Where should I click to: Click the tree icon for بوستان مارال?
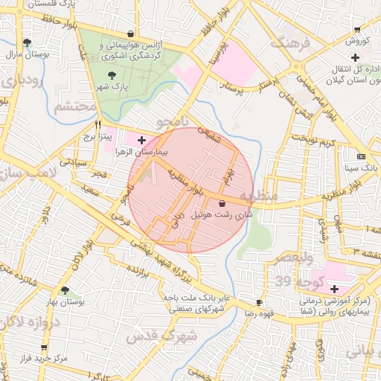pos(28,42)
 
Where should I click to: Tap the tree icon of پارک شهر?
pos(112,74)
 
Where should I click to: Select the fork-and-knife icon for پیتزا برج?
pos(97,126)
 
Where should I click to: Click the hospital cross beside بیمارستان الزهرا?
pos(141,140)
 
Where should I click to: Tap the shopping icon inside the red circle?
pos(222,202)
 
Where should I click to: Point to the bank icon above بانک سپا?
pos(361,156)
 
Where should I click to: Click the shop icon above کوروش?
pos(358,31)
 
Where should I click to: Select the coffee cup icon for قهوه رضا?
pos(259,302)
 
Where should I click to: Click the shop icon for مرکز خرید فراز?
pos(44,347)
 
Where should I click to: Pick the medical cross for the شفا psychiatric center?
pos(334,289)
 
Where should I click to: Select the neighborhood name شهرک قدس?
pos(161,336)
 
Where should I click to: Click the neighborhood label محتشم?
pos(74,106)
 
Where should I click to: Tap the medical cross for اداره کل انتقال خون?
pos(356,58)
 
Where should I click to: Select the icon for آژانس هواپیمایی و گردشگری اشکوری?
pos(131,33)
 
